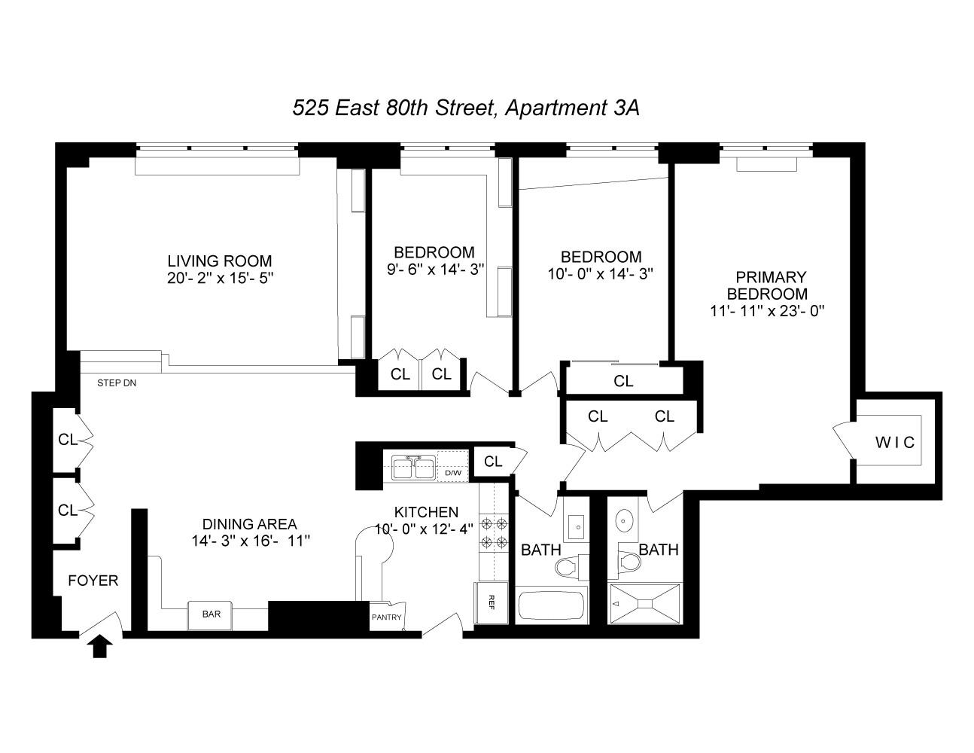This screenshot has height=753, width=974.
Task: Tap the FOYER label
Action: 93,581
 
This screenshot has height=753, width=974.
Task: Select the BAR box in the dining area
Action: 212,614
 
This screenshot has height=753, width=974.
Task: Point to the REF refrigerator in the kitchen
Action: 491,602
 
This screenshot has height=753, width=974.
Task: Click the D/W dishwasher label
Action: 453,473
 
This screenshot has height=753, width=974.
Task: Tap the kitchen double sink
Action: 412,467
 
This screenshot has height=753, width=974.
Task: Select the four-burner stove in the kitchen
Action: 495,532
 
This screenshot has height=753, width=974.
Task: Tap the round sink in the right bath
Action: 625,520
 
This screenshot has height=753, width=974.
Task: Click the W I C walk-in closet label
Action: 895,442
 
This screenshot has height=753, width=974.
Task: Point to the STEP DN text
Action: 117,383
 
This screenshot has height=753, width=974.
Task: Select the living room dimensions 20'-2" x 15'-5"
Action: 220,278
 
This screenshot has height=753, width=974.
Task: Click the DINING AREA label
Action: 249,524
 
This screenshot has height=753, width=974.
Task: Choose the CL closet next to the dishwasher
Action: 493,462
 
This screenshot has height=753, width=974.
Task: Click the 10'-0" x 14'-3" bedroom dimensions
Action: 600,274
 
